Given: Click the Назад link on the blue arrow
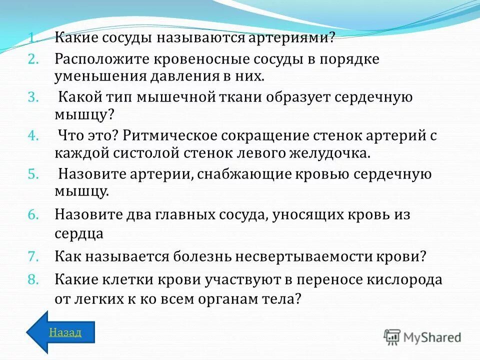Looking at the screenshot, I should pos(65,332).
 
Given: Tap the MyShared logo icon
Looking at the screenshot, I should pos(392,337).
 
